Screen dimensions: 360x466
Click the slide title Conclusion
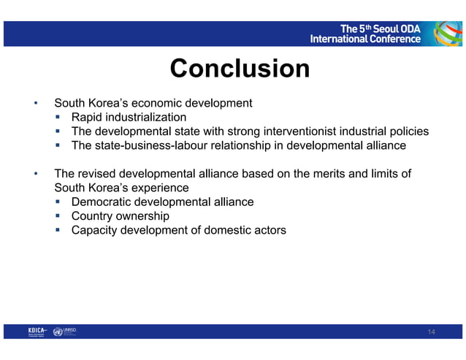pos(240,69)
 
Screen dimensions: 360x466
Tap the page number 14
pos(431,332)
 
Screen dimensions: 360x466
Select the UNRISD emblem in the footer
pos(58,332)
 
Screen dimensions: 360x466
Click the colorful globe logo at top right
pos(447,33)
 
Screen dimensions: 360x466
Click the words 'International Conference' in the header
pos(365,39)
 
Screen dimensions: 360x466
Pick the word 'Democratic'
pos(102,202)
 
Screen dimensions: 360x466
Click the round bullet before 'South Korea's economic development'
pos(34,104)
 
